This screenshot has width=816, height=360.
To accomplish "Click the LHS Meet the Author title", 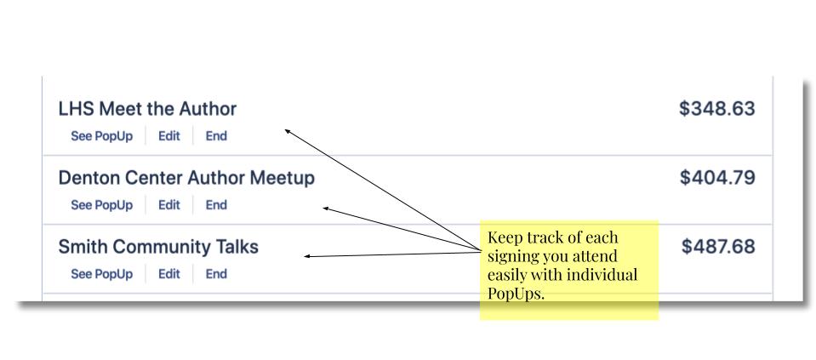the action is [147, 109].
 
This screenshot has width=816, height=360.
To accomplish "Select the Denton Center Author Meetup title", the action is [186, 178].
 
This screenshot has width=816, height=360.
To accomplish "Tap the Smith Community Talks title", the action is [158, 247].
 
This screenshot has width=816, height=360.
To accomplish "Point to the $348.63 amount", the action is [717, 109].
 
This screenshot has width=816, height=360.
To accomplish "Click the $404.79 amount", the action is [717, 178].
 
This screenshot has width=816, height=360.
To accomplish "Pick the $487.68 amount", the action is [718, 247].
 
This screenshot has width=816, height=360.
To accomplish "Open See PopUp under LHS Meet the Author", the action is [102, 136].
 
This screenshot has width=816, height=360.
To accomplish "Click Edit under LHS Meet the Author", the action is [169, 136].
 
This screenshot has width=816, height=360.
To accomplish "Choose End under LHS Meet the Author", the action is [216, 136].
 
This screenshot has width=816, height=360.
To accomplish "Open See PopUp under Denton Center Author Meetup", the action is [102, 205].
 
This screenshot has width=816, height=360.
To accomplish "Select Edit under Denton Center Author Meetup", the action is [169, 205].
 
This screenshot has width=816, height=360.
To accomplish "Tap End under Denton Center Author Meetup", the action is [216, 205].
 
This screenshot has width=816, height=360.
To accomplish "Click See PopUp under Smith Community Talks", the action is [102, 274].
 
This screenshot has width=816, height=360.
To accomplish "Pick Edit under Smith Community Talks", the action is [169, 274].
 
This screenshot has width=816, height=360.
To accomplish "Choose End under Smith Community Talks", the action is [216, 274].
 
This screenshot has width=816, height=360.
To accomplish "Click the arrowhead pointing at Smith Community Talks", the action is [307, 256].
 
